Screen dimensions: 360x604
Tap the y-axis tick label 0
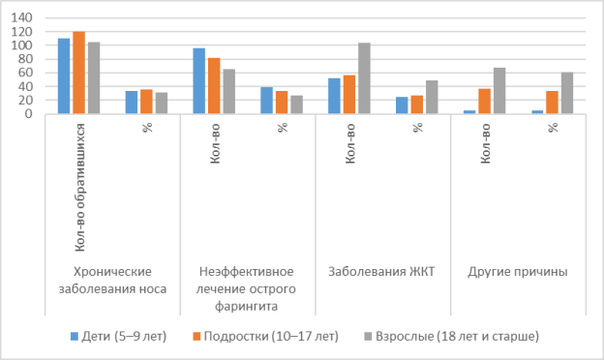[x=30, y=113]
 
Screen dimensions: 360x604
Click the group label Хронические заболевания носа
[x=112, y=280]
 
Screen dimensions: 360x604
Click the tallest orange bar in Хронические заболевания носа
[x=78, y=73]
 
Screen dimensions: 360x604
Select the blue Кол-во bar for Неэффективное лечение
[x=199, y=81]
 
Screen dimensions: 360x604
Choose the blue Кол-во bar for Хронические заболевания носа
[x=64, y=76]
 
